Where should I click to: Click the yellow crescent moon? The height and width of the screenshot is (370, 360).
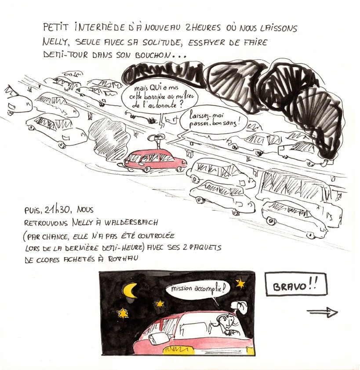coord(129,291)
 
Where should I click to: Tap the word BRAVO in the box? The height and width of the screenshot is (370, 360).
coord(290,287)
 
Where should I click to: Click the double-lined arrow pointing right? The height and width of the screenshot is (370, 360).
coord(323,313)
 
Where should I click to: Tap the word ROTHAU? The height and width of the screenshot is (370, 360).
coord(123,258)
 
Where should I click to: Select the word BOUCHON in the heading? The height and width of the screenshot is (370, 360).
coord(153,55)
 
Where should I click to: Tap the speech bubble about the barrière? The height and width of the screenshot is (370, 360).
coord(160,97)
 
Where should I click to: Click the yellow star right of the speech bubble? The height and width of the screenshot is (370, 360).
coord(240,283)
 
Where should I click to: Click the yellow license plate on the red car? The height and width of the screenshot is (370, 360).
coord(179,349)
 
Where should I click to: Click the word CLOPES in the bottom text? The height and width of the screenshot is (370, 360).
coord(48,260)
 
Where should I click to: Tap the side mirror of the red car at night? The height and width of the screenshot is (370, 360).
coord(158,338)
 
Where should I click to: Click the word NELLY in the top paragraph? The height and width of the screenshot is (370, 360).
coord(55,43)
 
